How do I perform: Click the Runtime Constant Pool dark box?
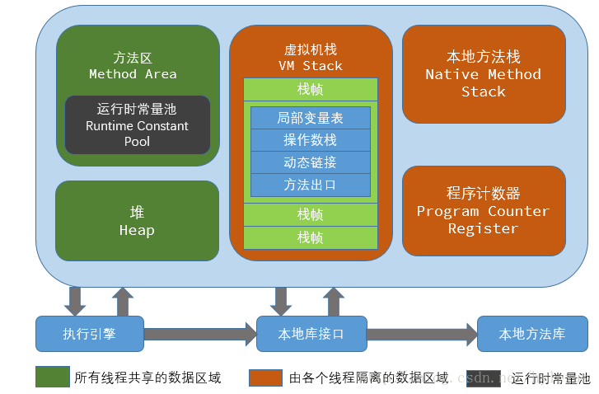click(x=138, y=125)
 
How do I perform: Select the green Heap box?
click(x=137, y=221)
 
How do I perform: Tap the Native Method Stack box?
click(x=484, y=73)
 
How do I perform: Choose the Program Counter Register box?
click(x=484, y=211)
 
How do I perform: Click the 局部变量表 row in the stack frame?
click(x=310, y=118)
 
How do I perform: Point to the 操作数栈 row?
click(x=310, y=140)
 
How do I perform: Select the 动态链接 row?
click(x=310, y=162)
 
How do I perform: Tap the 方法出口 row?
click(x=310, y=185)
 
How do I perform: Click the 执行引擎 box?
click(x=90, y=334)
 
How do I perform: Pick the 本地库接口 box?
click(x=311, y=334)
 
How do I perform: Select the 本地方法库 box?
click(x=531, y=334)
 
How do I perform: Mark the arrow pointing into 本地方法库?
click(x=421, y=334)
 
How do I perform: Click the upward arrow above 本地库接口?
click(x=335, y=302)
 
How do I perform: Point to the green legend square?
click(x=52, y=378)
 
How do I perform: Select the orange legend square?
click(x=266, y=378)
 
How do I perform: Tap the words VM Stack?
click(x=310, y=65)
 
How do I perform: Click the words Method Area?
click(x=133, y=73)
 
